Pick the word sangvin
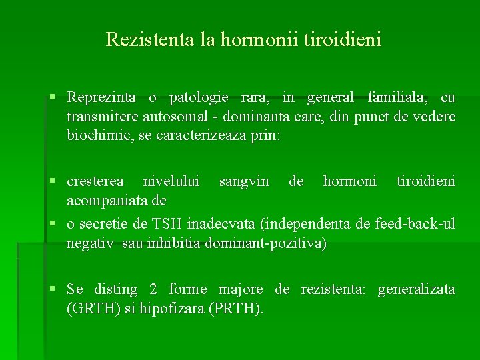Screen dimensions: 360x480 point(244,181)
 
